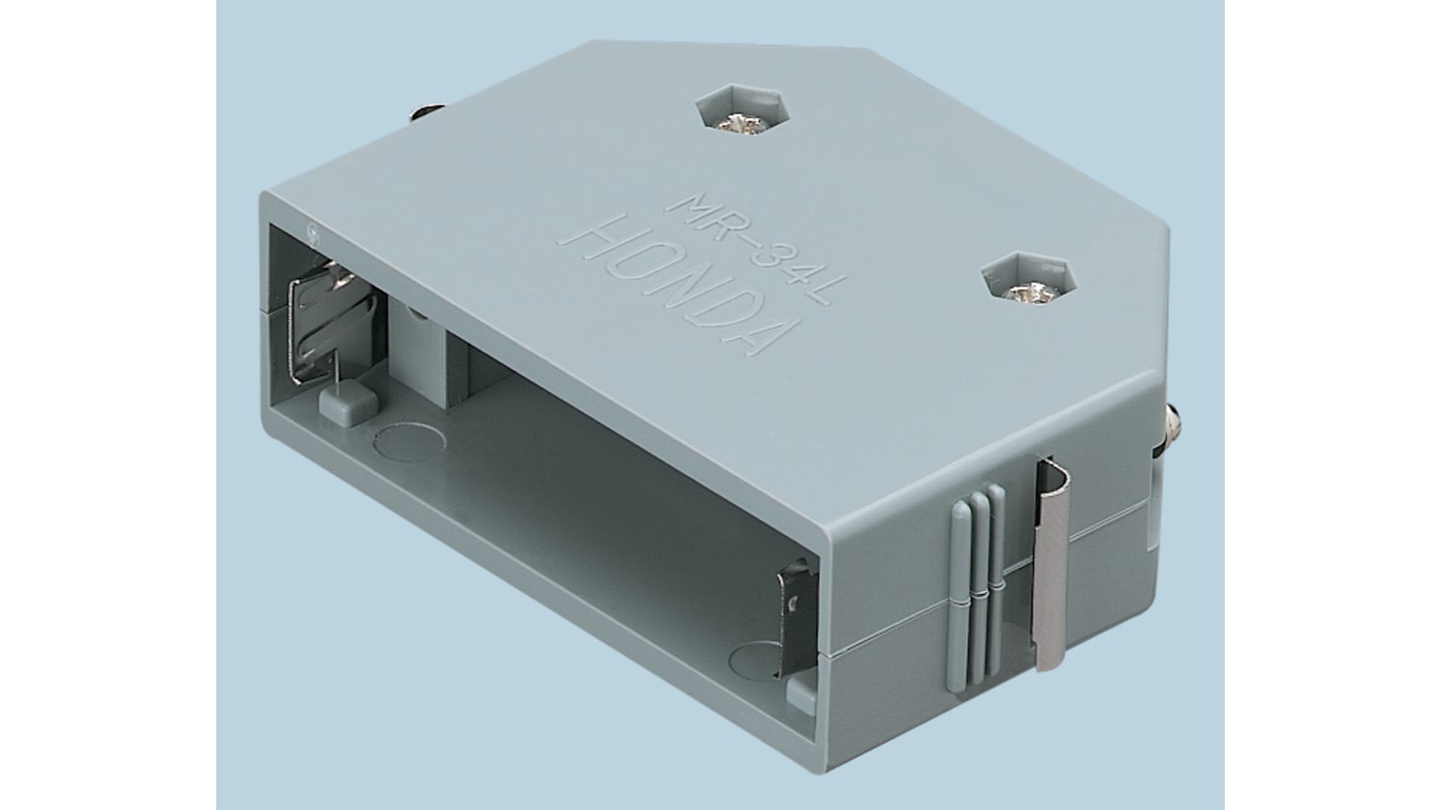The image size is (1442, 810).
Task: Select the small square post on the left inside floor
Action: click(348, 402)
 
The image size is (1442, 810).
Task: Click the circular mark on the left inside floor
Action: click(410, 442)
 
